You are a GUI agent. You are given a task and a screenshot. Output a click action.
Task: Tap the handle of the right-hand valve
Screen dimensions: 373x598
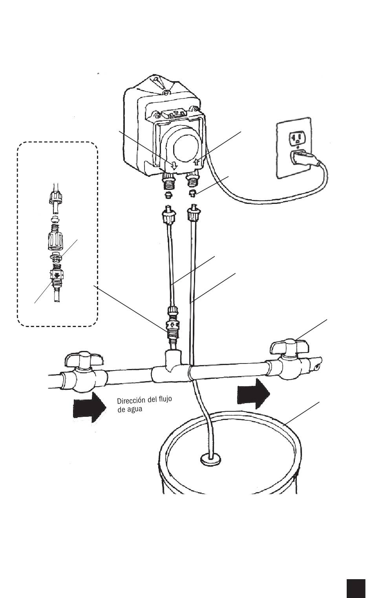[290, 346]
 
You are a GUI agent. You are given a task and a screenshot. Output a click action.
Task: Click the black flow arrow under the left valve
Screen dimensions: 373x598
[90, 409]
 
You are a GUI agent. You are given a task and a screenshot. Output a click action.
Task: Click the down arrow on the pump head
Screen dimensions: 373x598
[174, 165]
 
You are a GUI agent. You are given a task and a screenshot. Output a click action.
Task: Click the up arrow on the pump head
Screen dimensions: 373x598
[197, 162]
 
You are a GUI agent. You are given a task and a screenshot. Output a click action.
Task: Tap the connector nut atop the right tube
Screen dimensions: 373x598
[192, 214]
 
